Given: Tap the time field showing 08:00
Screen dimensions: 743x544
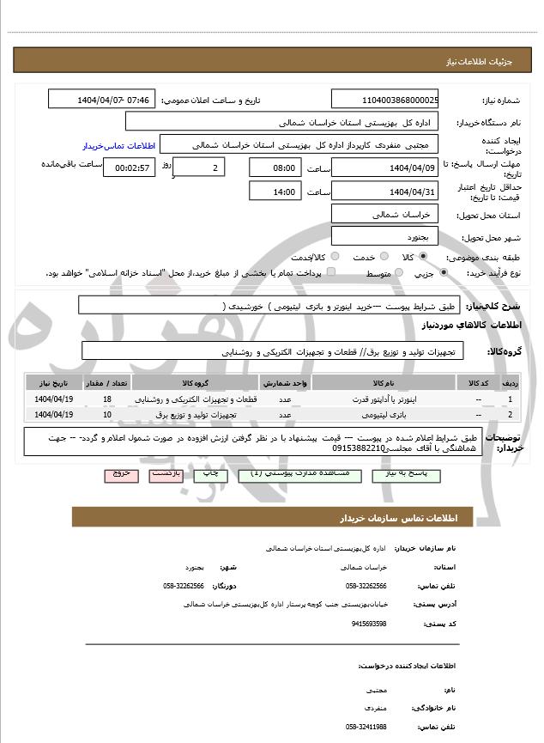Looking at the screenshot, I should [275, 167].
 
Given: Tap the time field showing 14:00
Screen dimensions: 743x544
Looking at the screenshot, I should [275, 192].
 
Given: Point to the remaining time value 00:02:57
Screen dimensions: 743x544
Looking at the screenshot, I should [129, 167].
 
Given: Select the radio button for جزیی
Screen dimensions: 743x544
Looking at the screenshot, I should [443, 273].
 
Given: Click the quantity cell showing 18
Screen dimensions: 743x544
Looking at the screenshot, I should [106, 399].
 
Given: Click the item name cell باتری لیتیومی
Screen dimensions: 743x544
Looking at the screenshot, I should [379, 415].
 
